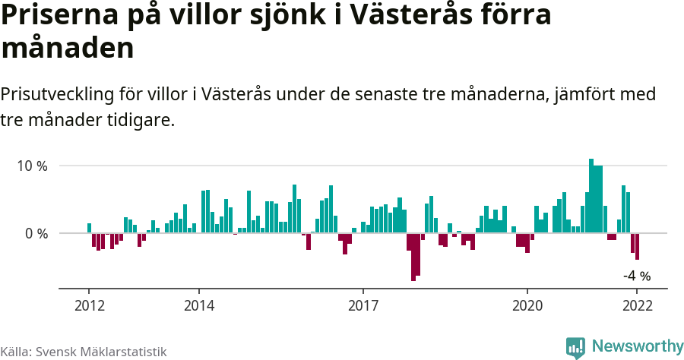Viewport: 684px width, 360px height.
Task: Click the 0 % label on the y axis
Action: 36,233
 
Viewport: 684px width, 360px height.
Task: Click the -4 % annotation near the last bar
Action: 637,276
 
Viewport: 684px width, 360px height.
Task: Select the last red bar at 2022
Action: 637,246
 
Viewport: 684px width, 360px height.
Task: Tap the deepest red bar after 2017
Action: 413,257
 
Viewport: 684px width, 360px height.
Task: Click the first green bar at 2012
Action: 90,228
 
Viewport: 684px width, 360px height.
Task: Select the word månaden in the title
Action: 68,48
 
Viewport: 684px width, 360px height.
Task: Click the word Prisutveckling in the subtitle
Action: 57,95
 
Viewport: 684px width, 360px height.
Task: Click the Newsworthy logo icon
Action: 575,347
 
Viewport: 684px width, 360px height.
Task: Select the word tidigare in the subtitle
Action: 142,120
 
